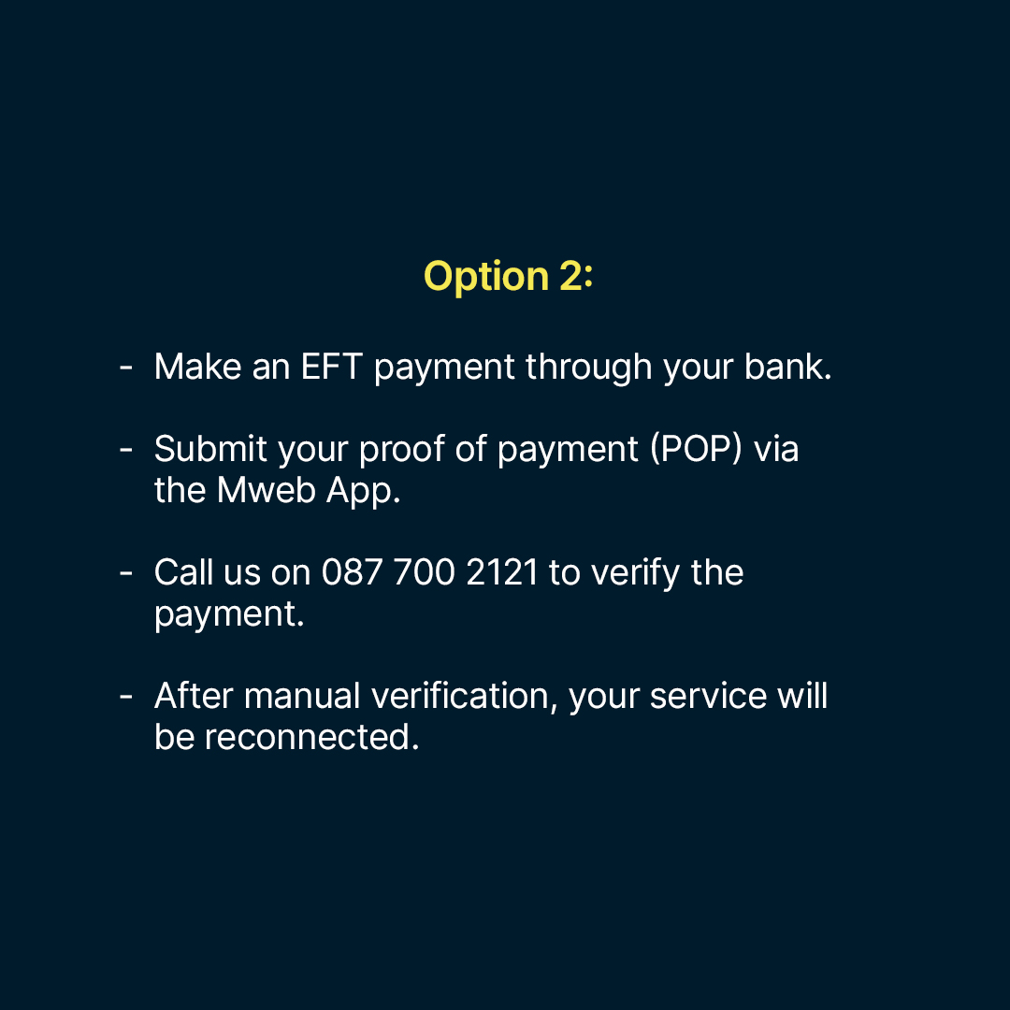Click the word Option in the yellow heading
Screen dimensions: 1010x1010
click(x=486, y=277)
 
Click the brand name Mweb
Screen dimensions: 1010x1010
click(x=267, y=490)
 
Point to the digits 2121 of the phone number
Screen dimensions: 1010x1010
click(x=502, y=572)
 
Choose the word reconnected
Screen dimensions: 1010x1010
click(x=311, y=737)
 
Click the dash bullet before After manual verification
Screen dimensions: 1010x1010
click(x=126, y=697)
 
